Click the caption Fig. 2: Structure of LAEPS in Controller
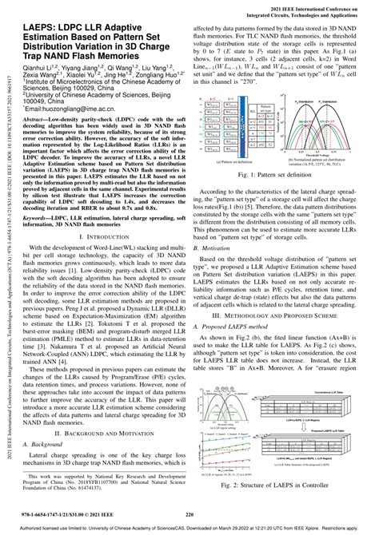click(284, 484)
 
